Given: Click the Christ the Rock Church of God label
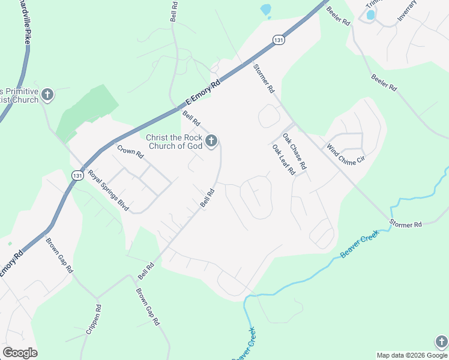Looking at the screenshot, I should pos(174,142).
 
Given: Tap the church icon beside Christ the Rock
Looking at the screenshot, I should pos(211,142).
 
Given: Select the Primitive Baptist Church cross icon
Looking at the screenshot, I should pos(47,95).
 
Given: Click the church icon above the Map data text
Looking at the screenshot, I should pos(441,341).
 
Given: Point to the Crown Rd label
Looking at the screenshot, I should pos(130,152).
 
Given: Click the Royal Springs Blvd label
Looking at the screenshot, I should pos(109,191).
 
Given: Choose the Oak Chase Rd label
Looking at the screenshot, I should pos(295,151).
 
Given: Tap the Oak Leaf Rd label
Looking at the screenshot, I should pos(283,160).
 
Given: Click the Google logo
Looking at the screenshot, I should pos(20,353).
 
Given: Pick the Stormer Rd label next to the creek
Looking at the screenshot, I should pos(405,224).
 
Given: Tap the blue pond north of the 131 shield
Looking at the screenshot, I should pos(265,10).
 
